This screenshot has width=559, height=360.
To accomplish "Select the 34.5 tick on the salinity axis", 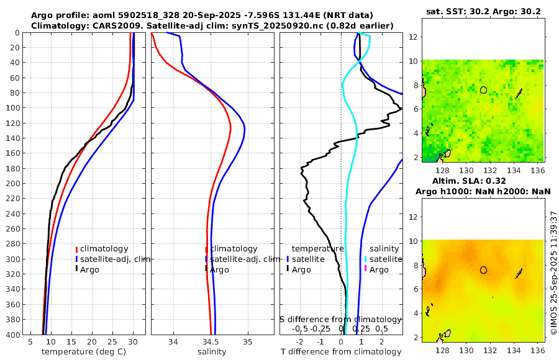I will pos(211,342).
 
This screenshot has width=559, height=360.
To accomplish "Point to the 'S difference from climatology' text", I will pos(340,319).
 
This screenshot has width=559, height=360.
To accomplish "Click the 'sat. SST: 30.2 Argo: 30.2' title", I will pos(483,11).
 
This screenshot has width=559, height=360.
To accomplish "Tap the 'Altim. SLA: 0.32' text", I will pos(483,180).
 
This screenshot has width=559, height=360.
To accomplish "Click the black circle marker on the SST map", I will pos(483,89).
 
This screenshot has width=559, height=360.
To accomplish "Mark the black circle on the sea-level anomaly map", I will pos(483,270).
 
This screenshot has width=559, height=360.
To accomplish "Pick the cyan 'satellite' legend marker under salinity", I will pos(366,259).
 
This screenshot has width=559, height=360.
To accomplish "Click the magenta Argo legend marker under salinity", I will pos(366,269).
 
